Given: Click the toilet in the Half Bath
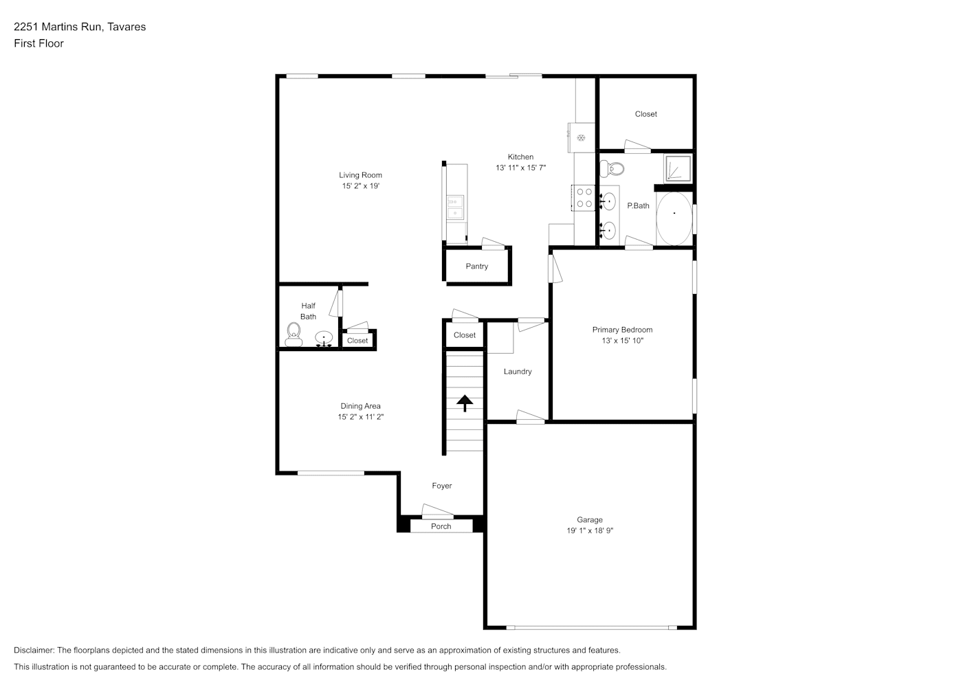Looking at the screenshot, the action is click(294, 335).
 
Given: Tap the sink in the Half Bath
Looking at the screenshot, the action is click(324, 338).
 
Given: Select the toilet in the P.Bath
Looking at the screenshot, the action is click(612, 168).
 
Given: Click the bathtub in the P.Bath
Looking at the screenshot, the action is click(674, 218).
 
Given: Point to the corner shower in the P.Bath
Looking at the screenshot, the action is click(678, 168).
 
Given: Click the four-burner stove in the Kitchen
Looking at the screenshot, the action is click(583, 198).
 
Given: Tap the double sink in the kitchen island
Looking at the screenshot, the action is click(456, 207).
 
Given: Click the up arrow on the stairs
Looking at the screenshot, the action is click(465, 403).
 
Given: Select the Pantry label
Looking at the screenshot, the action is click(477, 267).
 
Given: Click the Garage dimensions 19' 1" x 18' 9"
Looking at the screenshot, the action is click(590, 530).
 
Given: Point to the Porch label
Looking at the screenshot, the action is click(441, 526).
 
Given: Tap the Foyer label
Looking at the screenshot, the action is click(442, 486).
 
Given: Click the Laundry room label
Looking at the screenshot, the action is click(518, 372).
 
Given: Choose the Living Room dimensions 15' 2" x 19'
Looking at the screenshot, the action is click(361, 186).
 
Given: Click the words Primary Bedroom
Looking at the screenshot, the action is click(622, 330).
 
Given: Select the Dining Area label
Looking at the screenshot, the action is click(361, 406).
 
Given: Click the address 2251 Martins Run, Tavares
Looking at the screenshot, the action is click(80, 27).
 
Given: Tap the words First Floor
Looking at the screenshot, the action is click(38, 43).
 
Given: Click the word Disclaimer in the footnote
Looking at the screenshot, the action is click(34, 650).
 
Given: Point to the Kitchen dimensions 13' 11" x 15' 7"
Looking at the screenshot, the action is click(521, 168).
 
